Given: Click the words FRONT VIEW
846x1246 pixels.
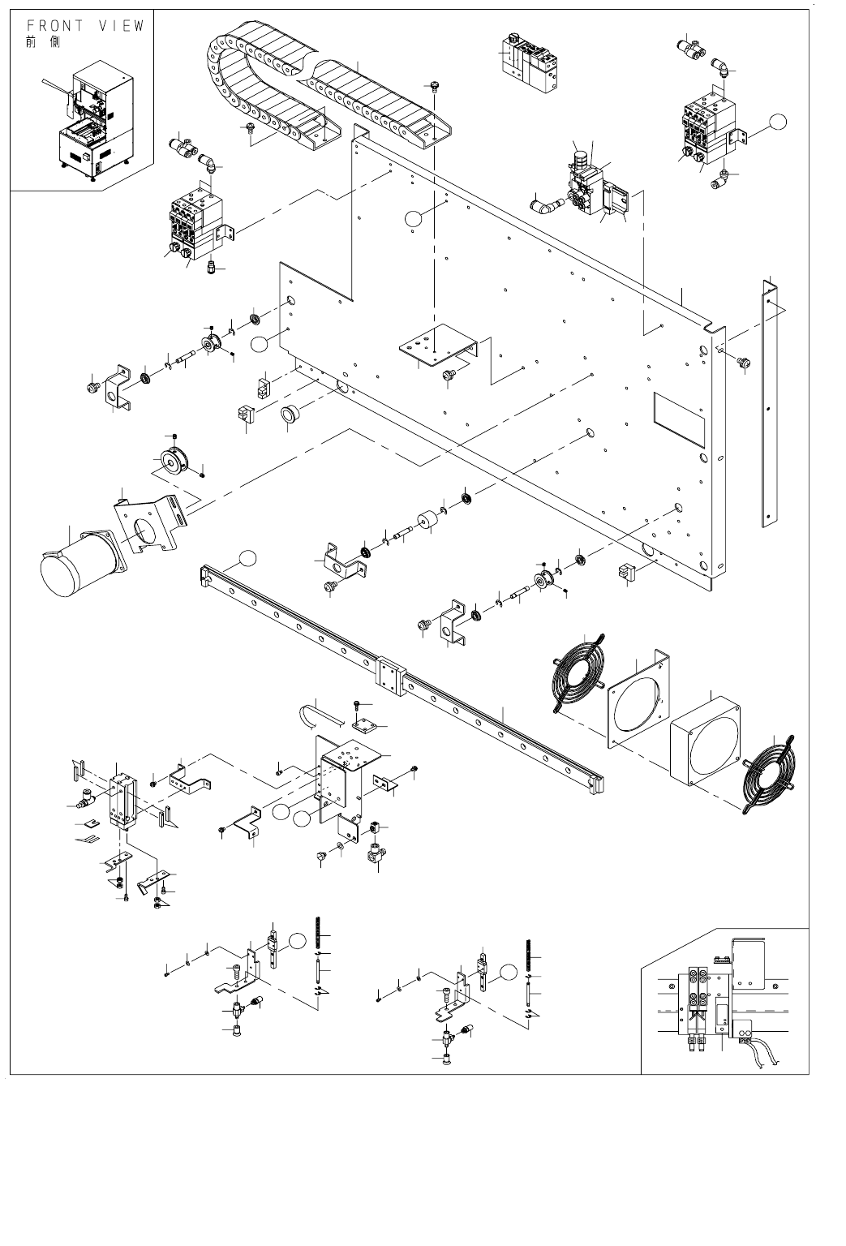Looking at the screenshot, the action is click(x=86, y=26).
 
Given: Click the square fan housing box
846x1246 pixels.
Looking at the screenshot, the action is click(x=706, y=741).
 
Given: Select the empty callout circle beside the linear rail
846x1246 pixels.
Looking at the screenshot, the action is click(x=247, y=558).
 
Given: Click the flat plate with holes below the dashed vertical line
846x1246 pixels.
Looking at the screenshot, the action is click(x=438, y=345).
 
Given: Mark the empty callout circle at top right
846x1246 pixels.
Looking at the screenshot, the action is click(x=778, y=122).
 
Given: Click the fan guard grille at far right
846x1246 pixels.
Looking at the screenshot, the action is click(x=769, y=774).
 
